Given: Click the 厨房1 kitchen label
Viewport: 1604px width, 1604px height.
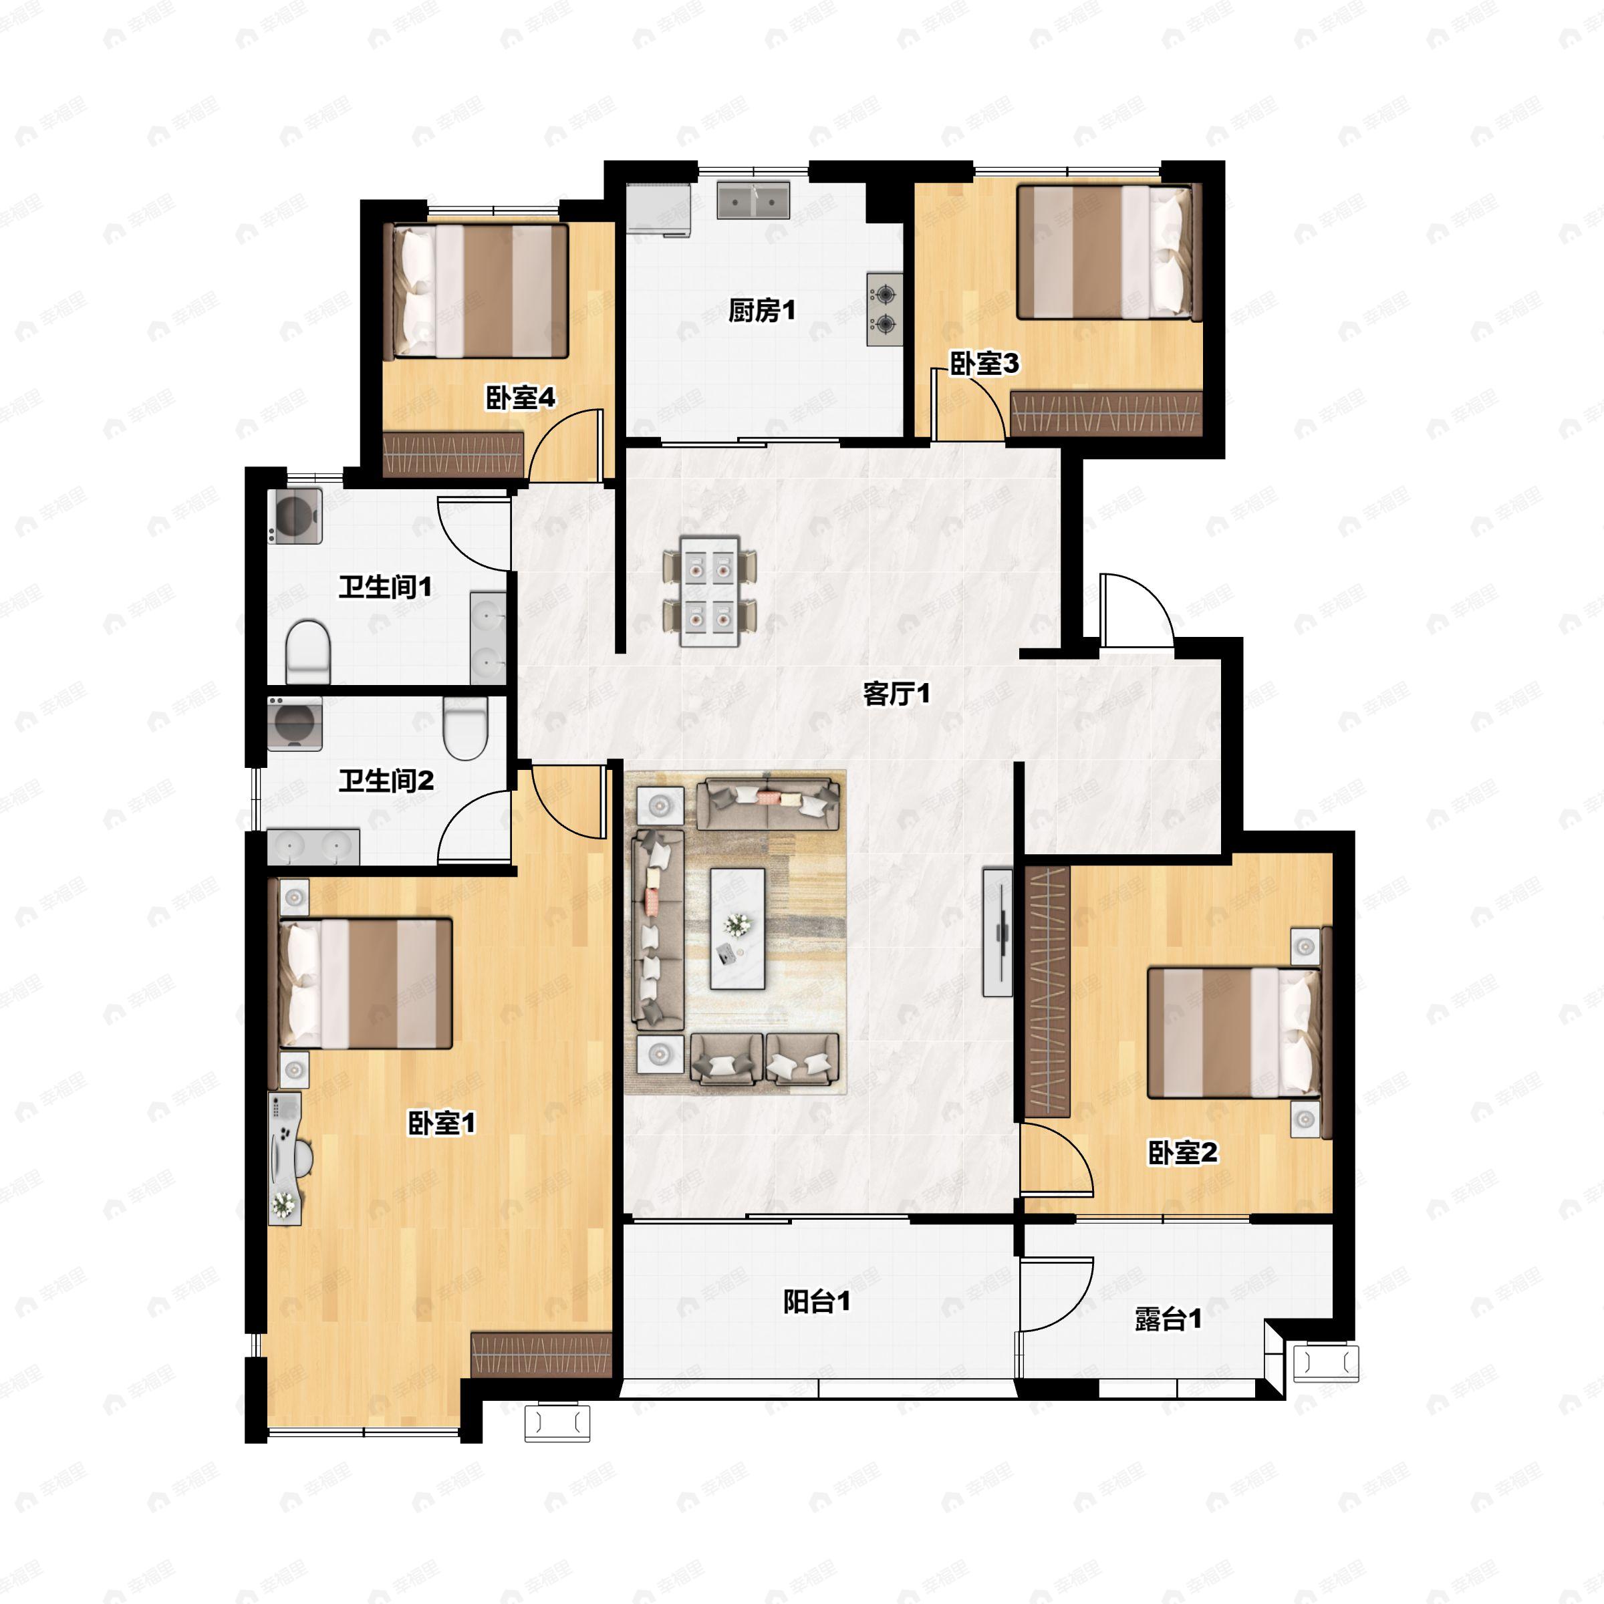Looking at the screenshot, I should pyautogui.click(x=761, y=311).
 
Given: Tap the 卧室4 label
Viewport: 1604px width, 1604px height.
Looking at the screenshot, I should pyautogui.click(x=520, y=398).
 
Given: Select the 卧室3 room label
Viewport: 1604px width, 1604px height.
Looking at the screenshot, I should pyautogui.click(x=984, y=363).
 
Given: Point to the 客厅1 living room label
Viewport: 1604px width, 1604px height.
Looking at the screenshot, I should pyautogui.click(x=897, y=693).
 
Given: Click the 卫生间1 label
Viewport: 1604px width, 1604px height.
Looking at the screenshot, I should pyautogui.click(x=385, y=587).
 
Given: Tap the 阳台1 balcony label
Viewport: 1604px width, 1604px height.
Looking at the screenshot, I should pyautogui.click(x=817, y=1301).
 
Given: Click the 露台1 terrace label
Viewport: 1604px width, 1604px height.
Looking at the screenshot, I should pyautogui.click(x=1168, y=1319).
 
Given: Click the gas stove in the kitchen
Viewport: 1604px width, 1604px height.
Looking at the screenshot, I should pyautogui.click(x=885, y=309).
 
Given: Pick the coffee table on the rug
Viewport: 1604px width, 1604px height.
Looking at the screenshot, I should pyautogui.click(x=737, y=928).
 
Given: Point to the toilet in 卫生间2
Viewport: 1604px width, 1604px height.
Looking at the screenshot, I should pyautogui.click(x=465, y=726).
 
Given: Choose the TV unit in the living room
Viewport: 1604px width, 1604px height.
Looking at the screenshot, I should pyautogui.click(x=997, y=932).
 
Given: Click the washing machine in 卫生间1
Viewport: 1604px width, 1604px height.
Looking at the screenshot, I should pyautogui.click(x=295, y=517).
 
